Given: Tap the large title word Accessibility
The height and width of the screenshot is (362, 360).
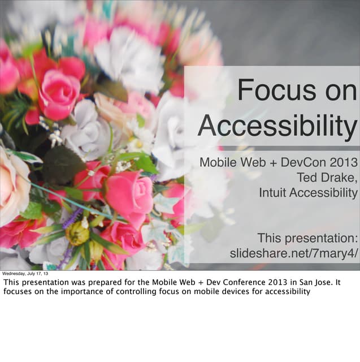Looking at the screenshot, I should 277,126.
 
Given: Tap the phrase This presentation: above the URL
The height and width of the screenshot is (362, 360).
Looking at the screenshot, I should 307,238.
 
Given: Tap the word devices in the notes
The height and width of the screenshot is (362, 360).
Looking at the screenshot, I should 233,292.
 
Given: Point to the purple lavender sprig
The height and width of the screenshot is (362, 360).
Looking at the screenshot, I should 72,218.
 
